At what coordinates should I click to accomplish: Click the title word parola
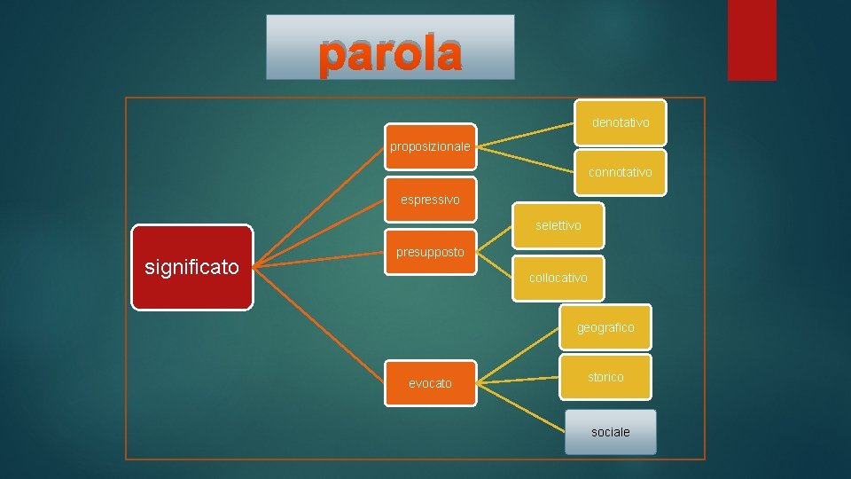(x=390, y=53)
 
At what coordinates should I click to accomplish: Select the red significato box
(x=191, y=267)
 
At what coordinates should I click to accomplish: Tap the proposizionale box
(x=431, y=146)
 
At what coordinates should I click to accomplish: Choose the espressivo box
(x=430, y=200)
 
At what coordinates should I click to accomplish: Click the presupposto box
(x=430, y=252)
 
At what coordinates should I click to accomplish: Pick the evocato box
(x=430, y=383)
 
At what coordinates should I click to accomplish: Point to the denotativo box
(x=621, y=122)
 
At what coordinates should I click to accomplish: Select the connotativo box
(x=621, y=172)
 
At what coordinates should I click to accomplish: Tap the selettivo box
(x=558, y=226)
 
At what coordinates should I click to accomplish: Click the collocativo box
(x=558, y=278)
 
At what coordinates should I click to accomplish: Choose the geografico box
(x=605, y=327)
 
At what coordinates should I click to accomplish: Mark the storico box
(x=605, y=377)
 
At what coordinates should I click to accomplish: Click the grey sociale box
(x=611, y=432)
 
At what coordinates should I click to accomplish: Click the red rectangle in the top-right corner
(x=752, y=40)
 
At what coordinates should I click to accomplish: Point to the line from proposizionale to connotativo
(x=527, y=156)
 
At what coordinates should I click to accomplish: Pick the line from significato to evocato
(x=319, y=323)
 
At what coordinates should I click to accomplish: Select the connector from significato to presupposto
(x=319, y=261)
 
